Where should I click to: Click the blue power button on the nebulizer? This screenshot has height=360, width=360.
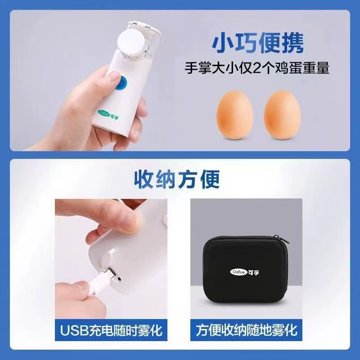click(121, 83)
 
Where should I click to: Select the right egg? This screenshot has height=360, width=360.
click(283, 115)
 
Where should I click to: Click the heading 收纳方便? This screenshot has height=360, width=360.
click(176, 179)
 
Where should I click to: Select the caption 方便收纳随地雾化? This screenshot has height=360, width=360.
click(246, 330)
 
